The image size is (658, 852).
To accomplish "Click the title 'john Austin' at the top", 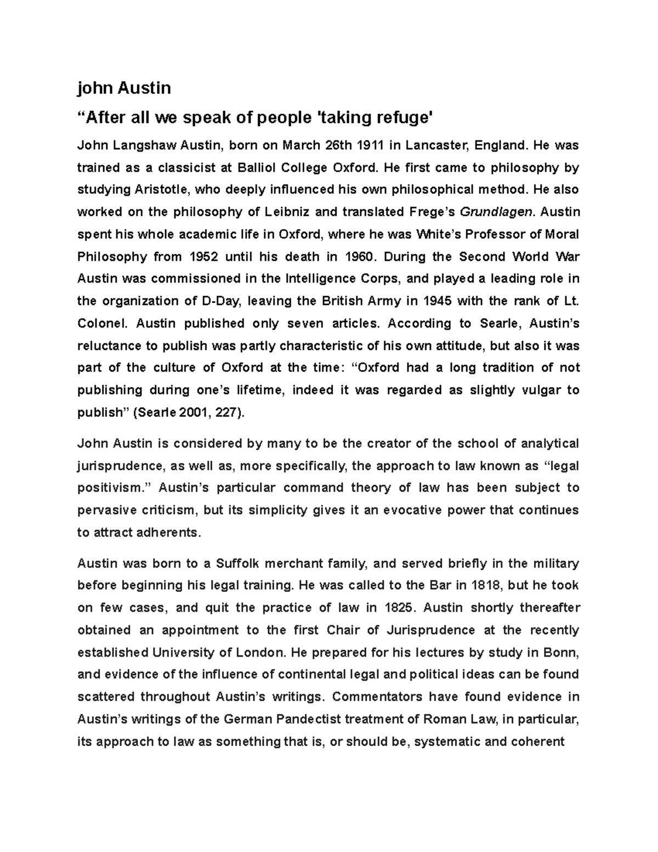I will [124, 88].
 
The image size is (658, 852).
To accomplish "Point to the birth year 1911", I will [371, 145].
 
